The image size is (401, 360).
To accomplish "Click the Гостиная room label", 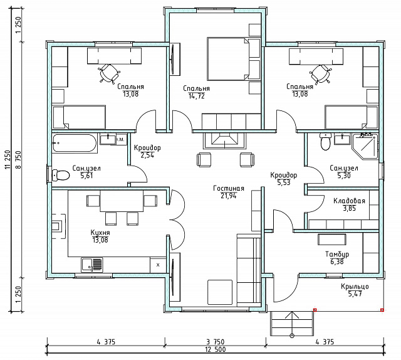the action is point(229,188).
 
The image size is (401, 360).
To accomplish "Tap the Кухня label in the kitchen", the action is point(100,233).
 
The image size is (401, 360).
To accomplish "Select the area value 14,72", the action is point(196,96).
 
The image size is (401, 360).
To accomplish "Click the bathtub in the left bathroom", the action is point(75,144).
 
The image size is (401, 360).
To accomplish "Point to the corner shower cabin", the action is point(365,146).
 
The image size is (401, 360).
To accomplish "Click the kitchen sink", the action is point(92,265).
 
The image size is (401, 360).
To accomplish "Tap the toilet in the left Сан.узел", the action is point(61,176).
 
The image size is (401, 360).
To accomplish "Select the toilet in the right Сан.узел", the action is point(326,142).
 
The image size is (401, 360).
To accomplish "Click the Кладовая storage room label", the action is point(349,201).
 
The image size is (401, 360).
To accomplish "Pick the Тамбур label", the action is point(337,254).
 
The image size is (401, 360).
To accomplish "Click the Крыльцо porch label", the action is point(355,286).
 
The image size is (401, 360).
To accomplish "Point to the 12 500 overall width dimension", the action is point(216,349).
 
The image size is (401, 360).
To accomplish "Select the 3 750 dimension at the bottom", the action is point(216,342).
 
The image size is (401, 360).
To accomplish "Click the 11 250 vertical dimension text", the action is point(8,159).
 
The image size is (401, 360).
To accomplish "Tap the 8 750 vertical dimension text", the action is point(19,159).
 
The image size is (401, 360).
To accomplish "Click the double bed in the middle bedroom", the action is point(227,58).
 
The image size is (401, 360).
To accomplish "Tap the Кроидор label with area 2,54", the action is point(147,148).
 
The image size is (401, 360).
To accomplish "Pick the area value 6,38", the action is point(337,262).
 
